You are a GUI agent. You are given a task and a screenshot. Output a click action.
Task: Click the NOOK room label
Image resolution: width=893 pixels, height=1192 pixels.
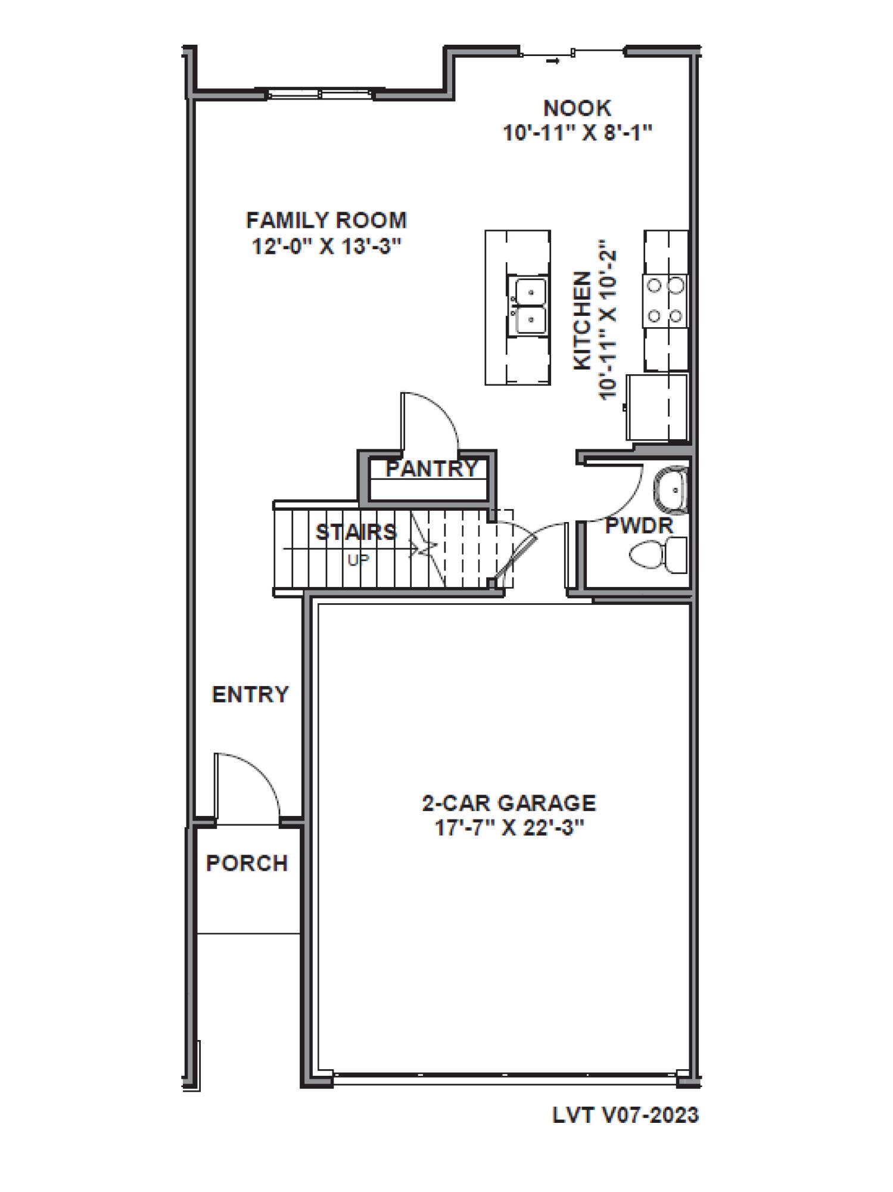[x=577, y=108]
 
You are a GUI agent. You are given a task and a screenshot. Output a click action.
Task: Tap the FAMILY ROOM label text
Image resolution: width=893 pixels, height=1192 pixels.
[x=326, y=221]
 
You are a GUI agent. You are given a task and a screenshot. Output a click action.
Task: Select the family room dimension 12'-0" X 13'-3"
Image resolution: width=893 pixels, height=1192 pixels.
[x=326, y=246]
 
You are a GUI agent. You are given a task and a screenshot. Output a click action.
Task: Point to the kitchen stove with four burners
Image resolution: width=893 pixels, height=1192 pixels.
[x=664, y=300]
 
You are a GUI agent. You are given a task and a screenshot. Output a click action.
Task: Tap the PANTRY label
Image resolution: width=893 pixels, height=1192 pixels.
[x=431, y=468]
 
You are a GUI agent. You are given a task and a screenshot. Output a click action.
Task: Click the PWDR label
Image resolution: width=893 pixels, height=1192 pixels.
[x=639, y=526]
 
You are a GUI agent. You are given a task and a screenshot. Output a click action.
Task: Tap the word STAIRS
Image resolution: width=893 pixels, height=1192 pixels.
[x=356, y=532]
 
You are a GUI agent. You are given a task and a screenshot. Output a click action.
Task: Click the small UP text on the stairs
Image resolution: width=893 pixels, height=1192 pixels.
[x=358, y=560]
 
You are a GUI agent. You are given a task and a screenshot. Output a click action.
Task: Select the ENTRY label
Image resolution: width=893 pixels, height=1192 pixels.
[x=250, y=694]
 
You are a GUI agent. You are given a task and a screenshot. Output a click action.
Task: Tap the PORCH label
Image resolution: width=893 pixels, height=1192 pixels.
[x=247, y=863]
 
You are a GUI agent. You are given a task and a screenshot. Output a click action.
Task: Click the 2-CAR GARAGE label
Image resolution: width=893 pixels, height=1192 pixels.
[x=509, y=803]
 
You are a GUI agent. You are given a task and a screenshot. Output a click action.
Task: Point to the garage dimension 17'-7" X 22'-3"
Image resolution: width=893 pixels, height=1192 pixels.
[x=509, y=828]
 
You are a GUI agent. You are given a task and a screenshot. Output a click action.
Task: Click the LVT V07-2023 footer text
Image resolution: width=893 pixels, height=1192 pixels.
[x=626, y=1115]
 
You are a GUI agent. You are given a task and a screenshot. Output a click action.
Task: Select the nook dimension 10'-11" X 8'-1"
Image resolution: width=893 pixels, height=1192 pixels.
[x=577, y=132]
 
